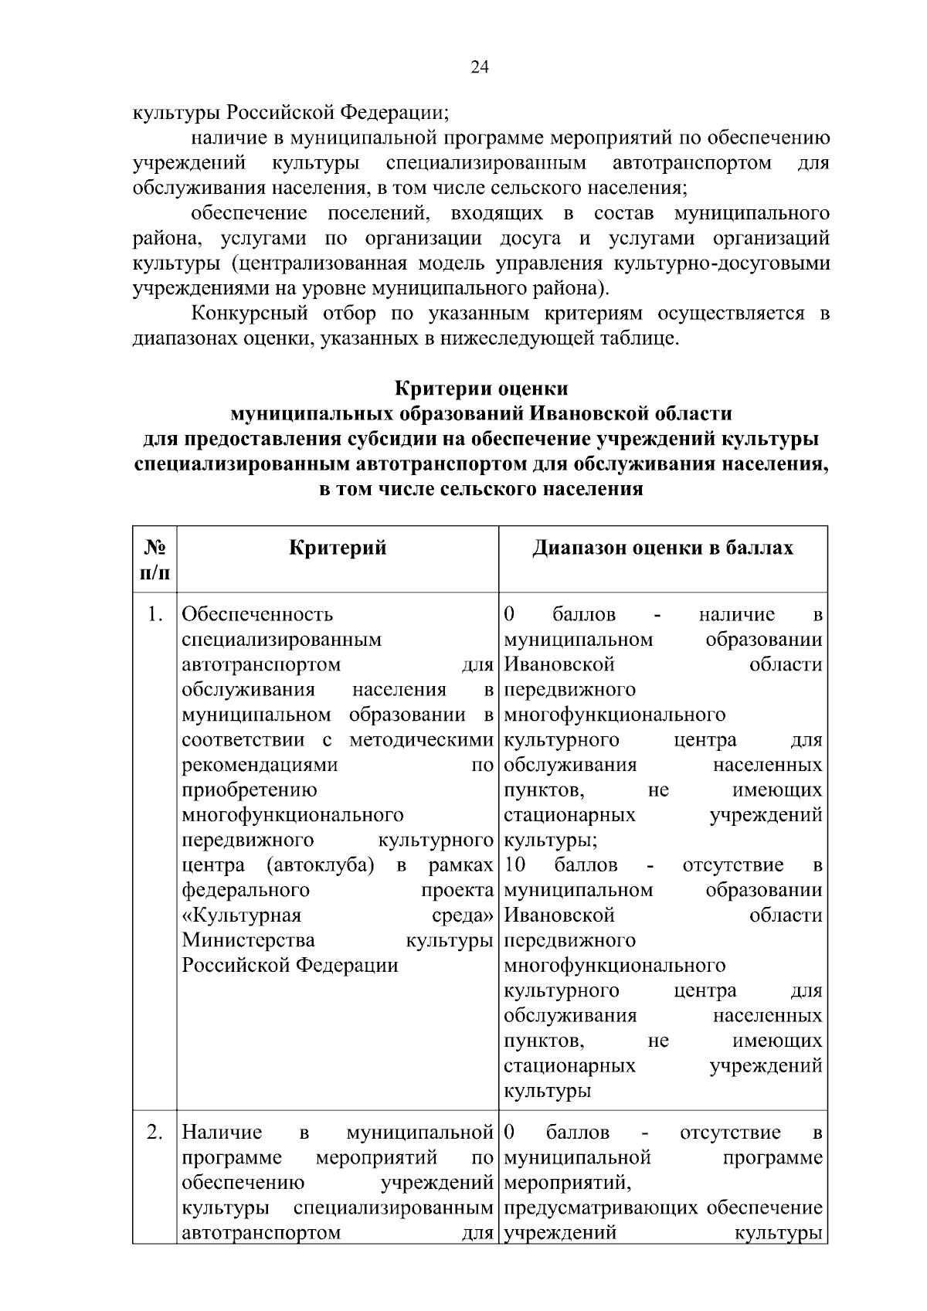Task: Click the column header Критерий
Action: pyautogui.click(x=338, y=549)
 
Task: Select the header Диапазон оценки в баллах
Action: pyautogui.click(x=663, y=549)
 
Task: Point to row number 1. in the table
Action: pyautogui.click(x=154, y=615)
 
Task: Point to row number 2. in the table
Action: pyautogui.click(x=154, y=1133)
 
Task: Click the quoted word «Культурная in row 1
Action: pyautogui.click(x=241, y=915)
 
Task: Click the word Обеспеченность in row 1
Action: pyautogui.click(x=257, y=615)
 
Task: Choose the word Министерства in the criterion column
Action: pyautogui.click(x=248, y=940)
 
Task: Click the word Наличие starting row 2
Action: pyautogui.click(x=222, y=1133)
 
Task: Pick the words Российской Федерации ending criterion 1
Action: pyautogui.click(x=290, y=966)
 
